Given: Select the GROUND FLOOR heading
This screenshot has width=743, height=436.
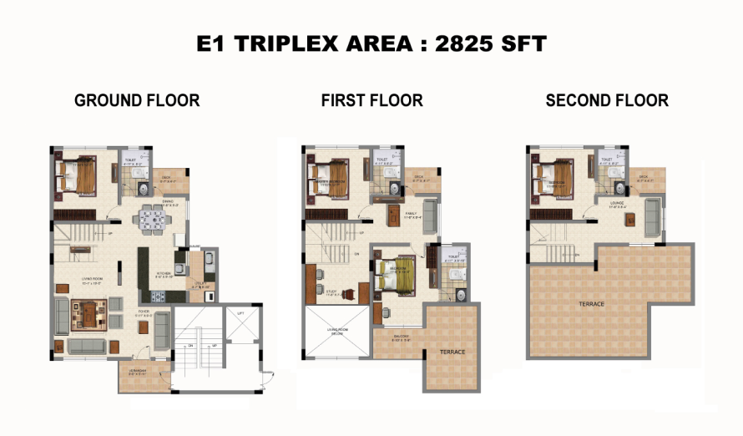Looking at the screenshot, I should [x=137, y=101].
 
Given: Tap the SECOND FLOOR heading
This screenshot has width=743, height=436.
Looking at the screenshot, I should [x=607, y=101].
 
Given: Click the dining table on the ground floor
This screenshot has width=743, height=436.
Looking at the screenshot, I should [x=151, y=219].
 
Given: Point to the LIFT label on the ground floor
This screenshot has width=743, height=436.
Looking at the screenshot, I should [x=241, y=313].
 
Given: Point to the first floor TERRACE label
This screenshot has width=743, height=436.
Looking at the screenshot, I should [x=453, y=352].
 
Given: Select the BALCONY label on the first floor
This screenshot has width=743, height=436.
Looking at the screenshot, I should [x=402, y=337].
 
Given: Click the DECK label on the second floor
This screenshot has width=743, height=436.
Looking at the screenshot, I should [x=643, y=177].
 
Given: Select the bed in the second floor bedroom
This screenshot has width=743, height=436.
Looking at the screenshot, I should [x=551, y=177].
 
